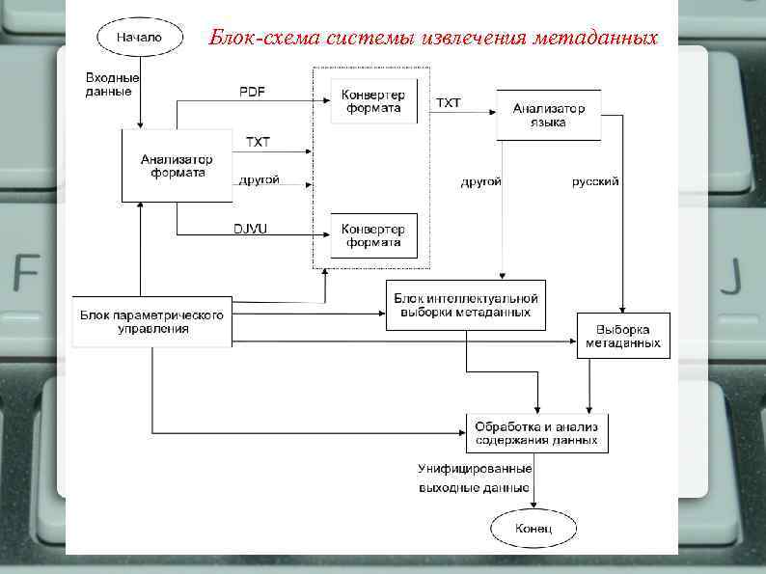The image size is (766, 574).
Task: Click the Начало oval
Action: [140, 38]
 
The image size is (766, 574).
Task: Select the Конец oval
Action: [533, 529]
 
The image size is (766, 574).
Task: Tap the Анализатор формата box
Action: [178, 166]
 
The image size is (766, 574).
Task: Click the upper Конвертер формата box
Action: [373, 101]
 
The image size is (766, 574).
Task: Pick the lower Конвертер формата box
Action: [373, 235]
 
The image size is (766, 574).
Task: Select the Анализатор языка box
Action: [547, 115]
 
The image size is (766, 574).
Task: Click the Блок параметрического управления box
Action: [152, 321]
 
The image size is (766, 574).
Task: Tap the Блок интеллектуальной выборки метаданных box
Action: [466, 305]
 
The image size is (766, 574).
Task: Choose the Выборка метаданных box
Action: [622, 336]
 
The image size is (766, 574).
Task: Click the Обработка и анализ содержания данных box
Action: [537, 433]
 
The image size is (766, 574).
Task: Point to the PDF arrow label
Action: [253, 92]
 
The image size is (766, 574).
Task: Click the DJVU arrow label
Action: [252, 228]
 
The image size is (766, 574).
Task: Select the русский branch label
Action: [594, 180]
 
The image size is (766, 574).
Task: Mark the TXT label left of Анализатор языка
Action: [449, 101]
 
